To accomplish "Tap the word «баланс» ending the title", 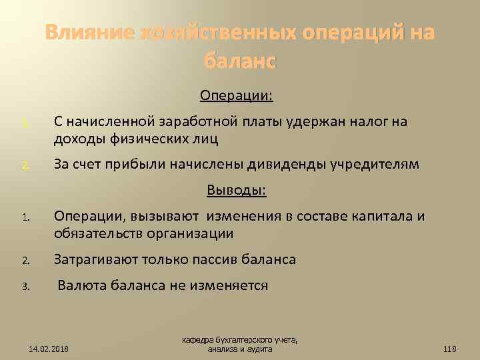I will tap(240, 61).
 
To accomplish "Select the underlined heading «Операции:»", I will tap(236, 96).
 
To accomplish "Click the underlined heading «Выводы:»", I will tap(236, 191).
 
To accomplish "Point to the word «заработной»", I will tap(193, 122).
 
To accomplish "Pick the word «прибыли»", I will tap(147, 165).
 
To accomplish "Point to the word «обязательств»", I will tap(101, 234).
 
